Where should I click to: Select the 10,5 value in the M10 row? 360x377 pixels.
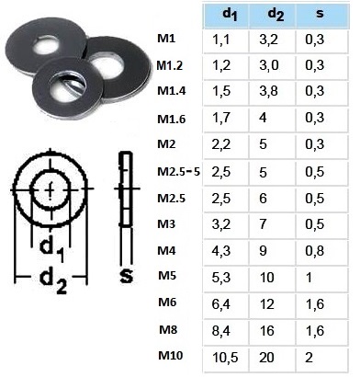226,356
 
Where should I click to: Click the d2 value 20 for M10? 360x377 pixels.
274,356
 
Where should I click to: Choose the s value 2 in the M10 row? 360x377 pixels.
321,356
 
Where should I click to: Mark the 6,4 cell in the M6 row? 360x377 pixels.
226,301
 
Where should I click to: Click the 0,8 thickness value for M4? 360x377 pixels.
321,248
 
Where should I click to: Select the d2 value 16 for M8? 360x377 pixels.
274,327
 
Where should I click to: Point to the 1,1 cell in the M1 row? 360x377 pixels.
226,40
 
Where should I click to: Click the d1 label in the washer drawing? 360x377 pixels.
51,245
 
